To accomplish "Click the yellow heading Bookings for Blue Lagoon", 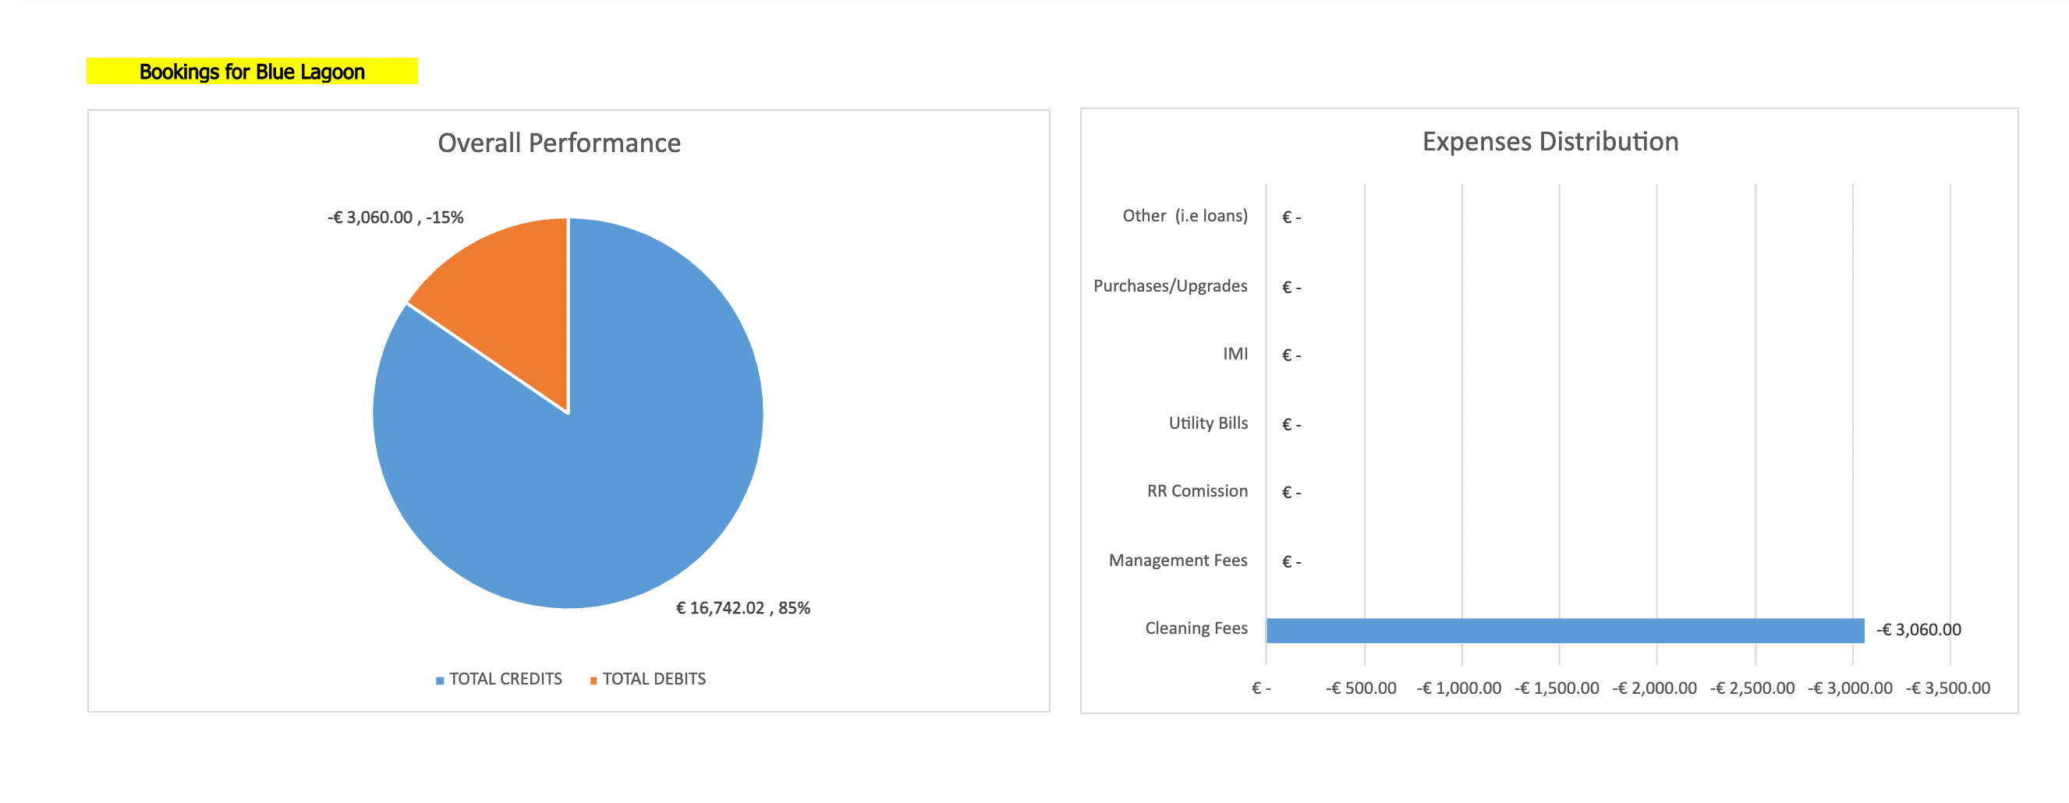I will coord(251,72).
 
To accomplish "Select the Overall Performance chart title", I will coord(559,143).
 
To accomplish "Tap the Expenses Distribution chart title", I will coord(1550,141).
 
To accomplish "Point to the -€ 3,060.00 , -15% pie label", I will coord(395,218).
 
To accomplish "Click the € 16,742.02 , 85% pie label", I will coord(743,608).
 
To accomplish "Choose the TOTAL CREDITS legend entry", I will coord(499,679).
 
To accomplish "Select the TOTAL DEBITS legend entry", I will coord(648,679).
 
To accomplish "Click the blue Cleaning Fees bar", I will coord(1564,631).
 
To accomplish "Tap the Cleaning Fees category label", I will coord(1196,628).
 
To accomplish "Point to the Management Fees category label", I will coord(1178,561).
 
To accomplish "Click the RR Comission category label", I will coord(1197,491).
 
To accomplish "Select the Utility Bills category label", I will coord(1208,423).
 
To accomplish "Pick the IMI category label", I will coord(1235,354).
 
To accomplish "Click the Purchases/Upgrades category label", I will coord(1171,286).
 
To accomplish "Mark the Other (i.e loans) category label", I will coord(1185,216).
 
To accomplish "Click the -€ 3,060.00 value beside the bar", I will coord(1918,631).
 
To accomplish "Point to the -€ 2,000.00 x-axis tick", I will coord(1655,688).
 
